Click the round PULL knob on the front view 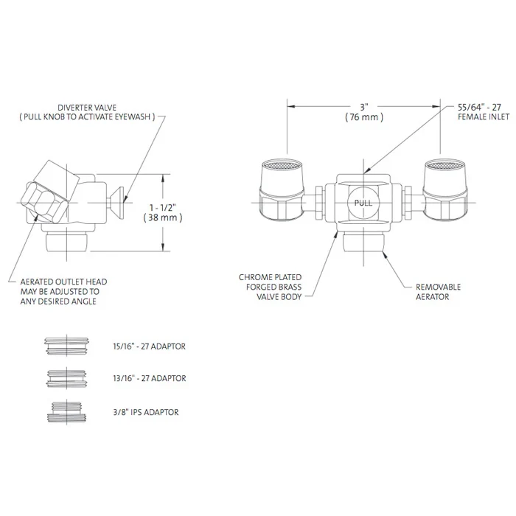pos(363,203)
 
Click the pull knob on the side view pos(116,197)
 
